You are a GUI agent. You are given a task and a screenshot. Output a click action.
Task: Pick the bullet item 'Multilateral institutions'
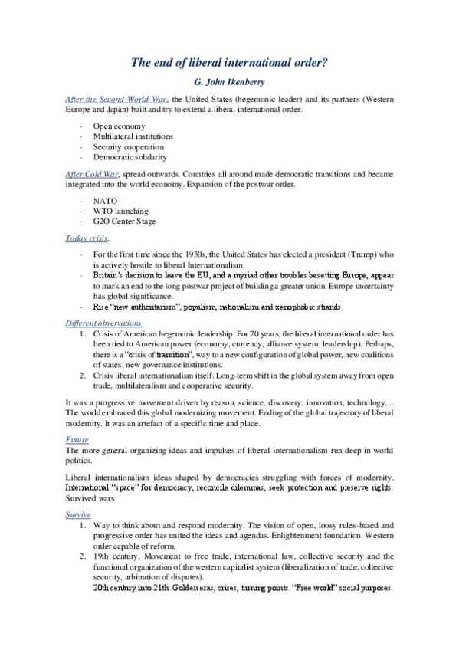[133, 136]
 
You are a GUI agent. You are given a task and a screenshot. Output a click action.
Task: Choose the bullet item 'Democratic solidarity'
[130, 157]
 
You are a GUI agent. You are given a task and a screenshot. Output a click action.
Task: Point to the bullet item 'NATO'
[104, 200]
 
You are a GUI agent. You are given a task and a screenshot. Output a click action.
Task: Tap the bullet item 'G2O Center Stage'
[124, 222]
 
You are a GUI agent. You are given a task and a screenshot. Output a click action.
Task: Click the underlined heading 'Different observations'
[103, 323]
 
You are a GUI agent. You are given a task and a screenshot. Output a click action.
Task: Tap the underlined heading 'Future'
[77, 440]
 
